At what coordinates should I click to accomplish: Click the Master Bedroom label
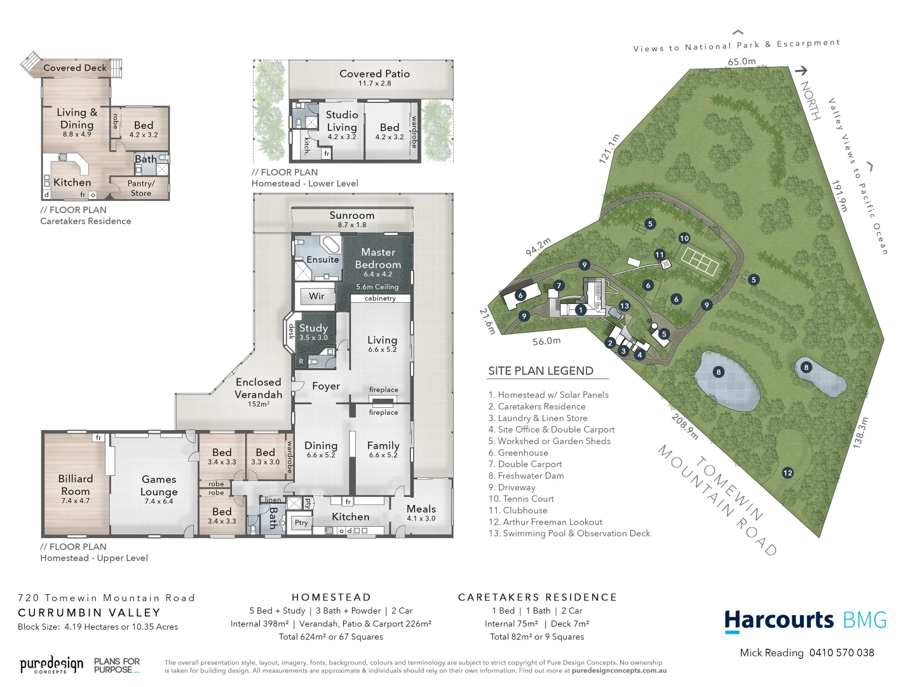click(x=378, y=258)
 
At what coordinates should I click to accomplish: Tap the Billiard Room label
click(x=76, y=485)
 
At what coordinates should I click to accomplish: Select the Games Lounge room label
click(x=159, y=485)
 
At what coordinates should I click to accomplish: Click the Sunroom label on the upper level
click(x=352, y=216)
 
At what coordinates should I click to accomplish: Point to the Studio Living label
click(x=342, y=121)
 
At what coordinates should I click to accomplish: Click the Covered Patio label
click(x=374, y=74)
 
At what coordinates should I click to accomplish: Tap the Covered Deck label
click(x=75, y=67)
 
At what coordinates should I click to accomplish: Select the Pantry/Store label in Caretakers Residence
click(x=141, y=188)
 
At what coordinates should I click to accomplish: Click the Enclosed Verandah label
click(x=258, y=388)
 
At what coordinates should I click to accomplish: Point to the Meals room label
click(x=421, y=509)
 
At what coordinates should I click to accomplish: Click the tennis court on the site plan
click(x=700, y=260)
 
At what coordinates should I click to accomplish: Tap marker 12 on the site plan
click(x=788, y=473)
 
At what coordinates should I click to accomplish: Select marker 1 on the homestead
click(x=581, y=310)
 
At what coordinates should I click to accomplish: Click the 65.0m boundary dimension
click(x=742, y=62)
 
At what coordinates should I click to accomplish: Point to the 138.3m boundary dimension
click(x=860, y=433)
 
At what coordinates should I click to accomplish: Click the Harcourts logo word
click(x=779, y=620)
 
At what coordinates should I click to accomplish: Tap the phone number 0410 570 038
click(x=841, y=653)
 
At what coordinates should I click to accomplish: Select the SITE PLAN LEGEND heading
click(x=541, y=371)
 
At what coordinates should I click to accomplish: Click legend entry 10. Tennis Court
click(x=521, y=499)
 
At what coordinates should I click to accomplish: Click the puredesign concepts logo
click(x=51, y=665)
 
